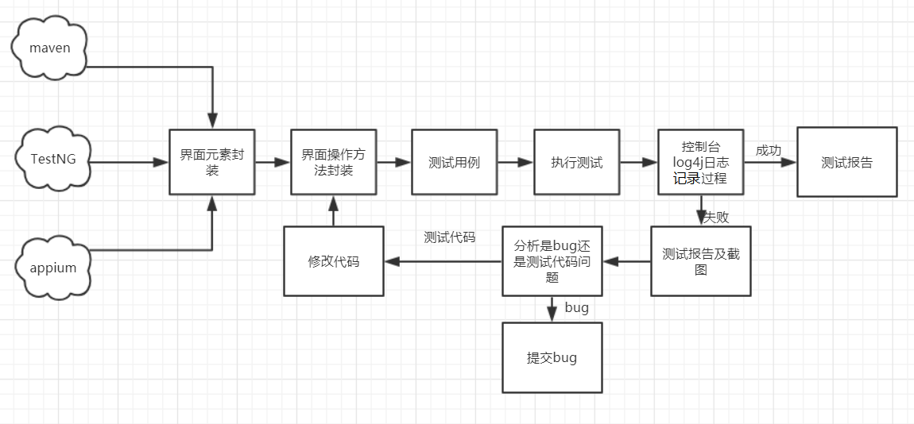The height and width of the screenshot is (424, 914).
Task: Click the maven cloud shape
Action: [x=50, y=48]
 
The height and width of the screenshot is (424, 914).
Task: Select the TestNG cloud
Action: [x=53, y=159]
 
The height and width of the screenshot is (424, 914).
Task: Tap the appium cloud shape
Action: [x=53, y=268]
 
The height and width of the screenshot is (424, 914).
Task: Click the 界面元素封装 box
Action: [x=211, y=162]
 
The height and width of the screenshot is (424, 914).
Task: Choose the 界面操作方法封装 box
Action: [x=333, y=162]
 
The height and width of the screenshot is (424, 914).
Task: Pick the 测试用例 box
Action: [x=454, y=162]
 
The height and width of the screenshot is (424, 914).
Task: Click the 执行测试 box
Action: [x=576, y=162]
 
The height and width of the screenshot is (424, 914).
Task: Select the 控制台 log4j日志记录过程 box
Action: [x=700, y=162]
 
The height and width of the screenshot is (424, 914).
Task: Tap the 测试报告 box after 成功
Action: [x=846, y=162]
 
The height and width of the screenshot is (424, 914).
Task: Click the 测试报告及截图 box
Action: [x=700, y=261]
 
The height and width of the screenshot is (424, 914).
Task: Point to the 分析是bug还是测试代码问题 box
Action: [x=552, y=261]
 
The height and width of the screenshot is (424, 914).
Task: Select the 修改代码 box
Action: [x=334, y=261]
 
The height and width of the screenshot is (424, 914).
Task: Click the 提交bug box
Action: [x=552, y=357]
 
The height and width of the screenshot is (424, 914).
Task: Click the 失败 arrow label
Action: [x=716, y=217]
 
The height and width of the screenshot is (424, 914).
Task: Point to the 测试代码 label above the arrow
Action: [x=450, y=237]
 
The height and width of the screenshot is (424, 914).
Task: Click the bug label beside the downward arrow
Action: [x=576, y=307]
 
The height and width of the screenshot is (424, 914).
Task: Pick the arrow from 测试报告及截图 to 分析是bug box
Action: [x=626, y=261]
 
